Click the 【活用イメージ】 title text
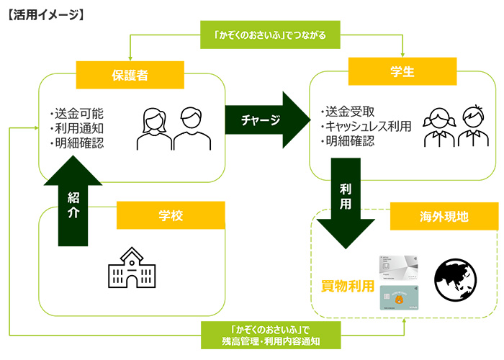(x=45, y=12)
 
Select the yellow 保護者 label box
(x=130, y=73)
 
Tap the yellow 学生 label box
(x=402, y=72)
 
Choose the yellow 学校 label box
(x=171, y=215)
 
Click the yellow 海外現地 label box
(x=444, y=215)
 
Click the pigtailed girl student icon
(x=438, y=127)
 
